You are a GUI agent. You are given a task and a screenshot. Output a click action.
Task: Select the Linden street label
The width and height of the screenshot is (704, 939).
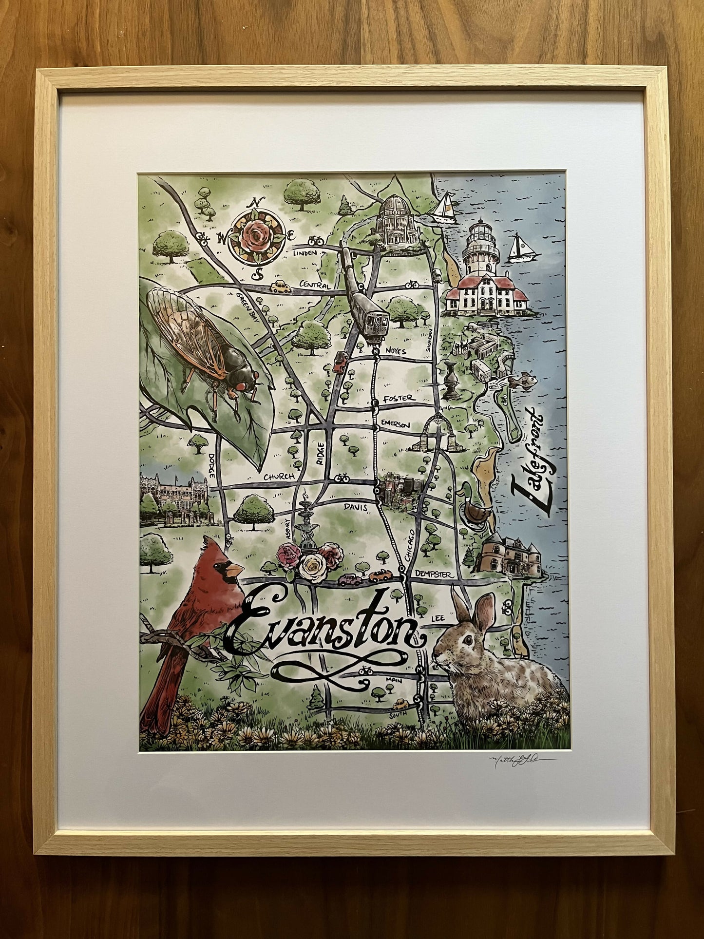point(305,252)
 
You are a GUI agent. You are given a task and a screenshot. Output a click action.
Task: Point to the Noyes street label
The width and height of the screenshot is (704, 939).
point(395,351)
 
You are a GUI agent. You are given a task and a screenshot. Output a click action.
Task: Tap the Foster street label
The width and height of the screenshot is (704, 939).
point(400,398)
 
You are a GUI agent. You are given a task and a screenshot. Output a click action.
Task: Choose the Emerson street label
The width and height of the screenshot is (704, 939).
point(396,423)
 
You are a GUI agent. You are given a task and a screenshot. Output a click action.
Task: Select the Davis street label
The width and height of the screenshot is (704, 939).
point(357,507)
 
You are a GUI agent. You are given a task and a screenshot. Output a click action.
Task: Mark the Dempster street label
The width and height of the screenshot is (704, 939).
point(433,575)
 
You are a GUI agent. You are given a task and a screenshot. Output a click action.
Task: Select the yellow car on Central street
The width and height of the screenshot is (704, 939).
point(281,287)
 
